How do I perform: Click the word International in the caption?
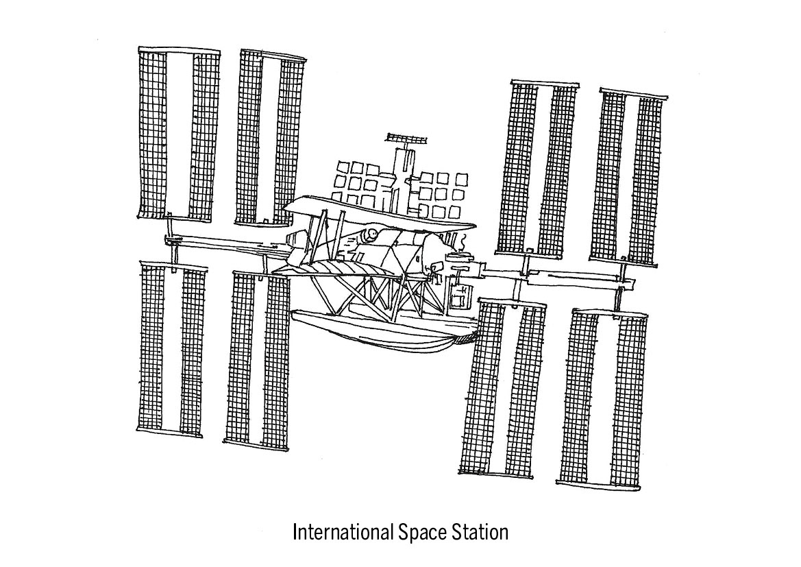pos(343,532)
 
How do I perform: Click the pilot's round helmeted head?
pos(369,235)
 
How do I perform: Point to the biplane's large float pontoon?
pos(383,330)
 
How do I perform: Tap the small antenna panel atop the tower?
pos(406,138)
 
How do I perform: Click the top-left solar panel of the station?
pos(179,134)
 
